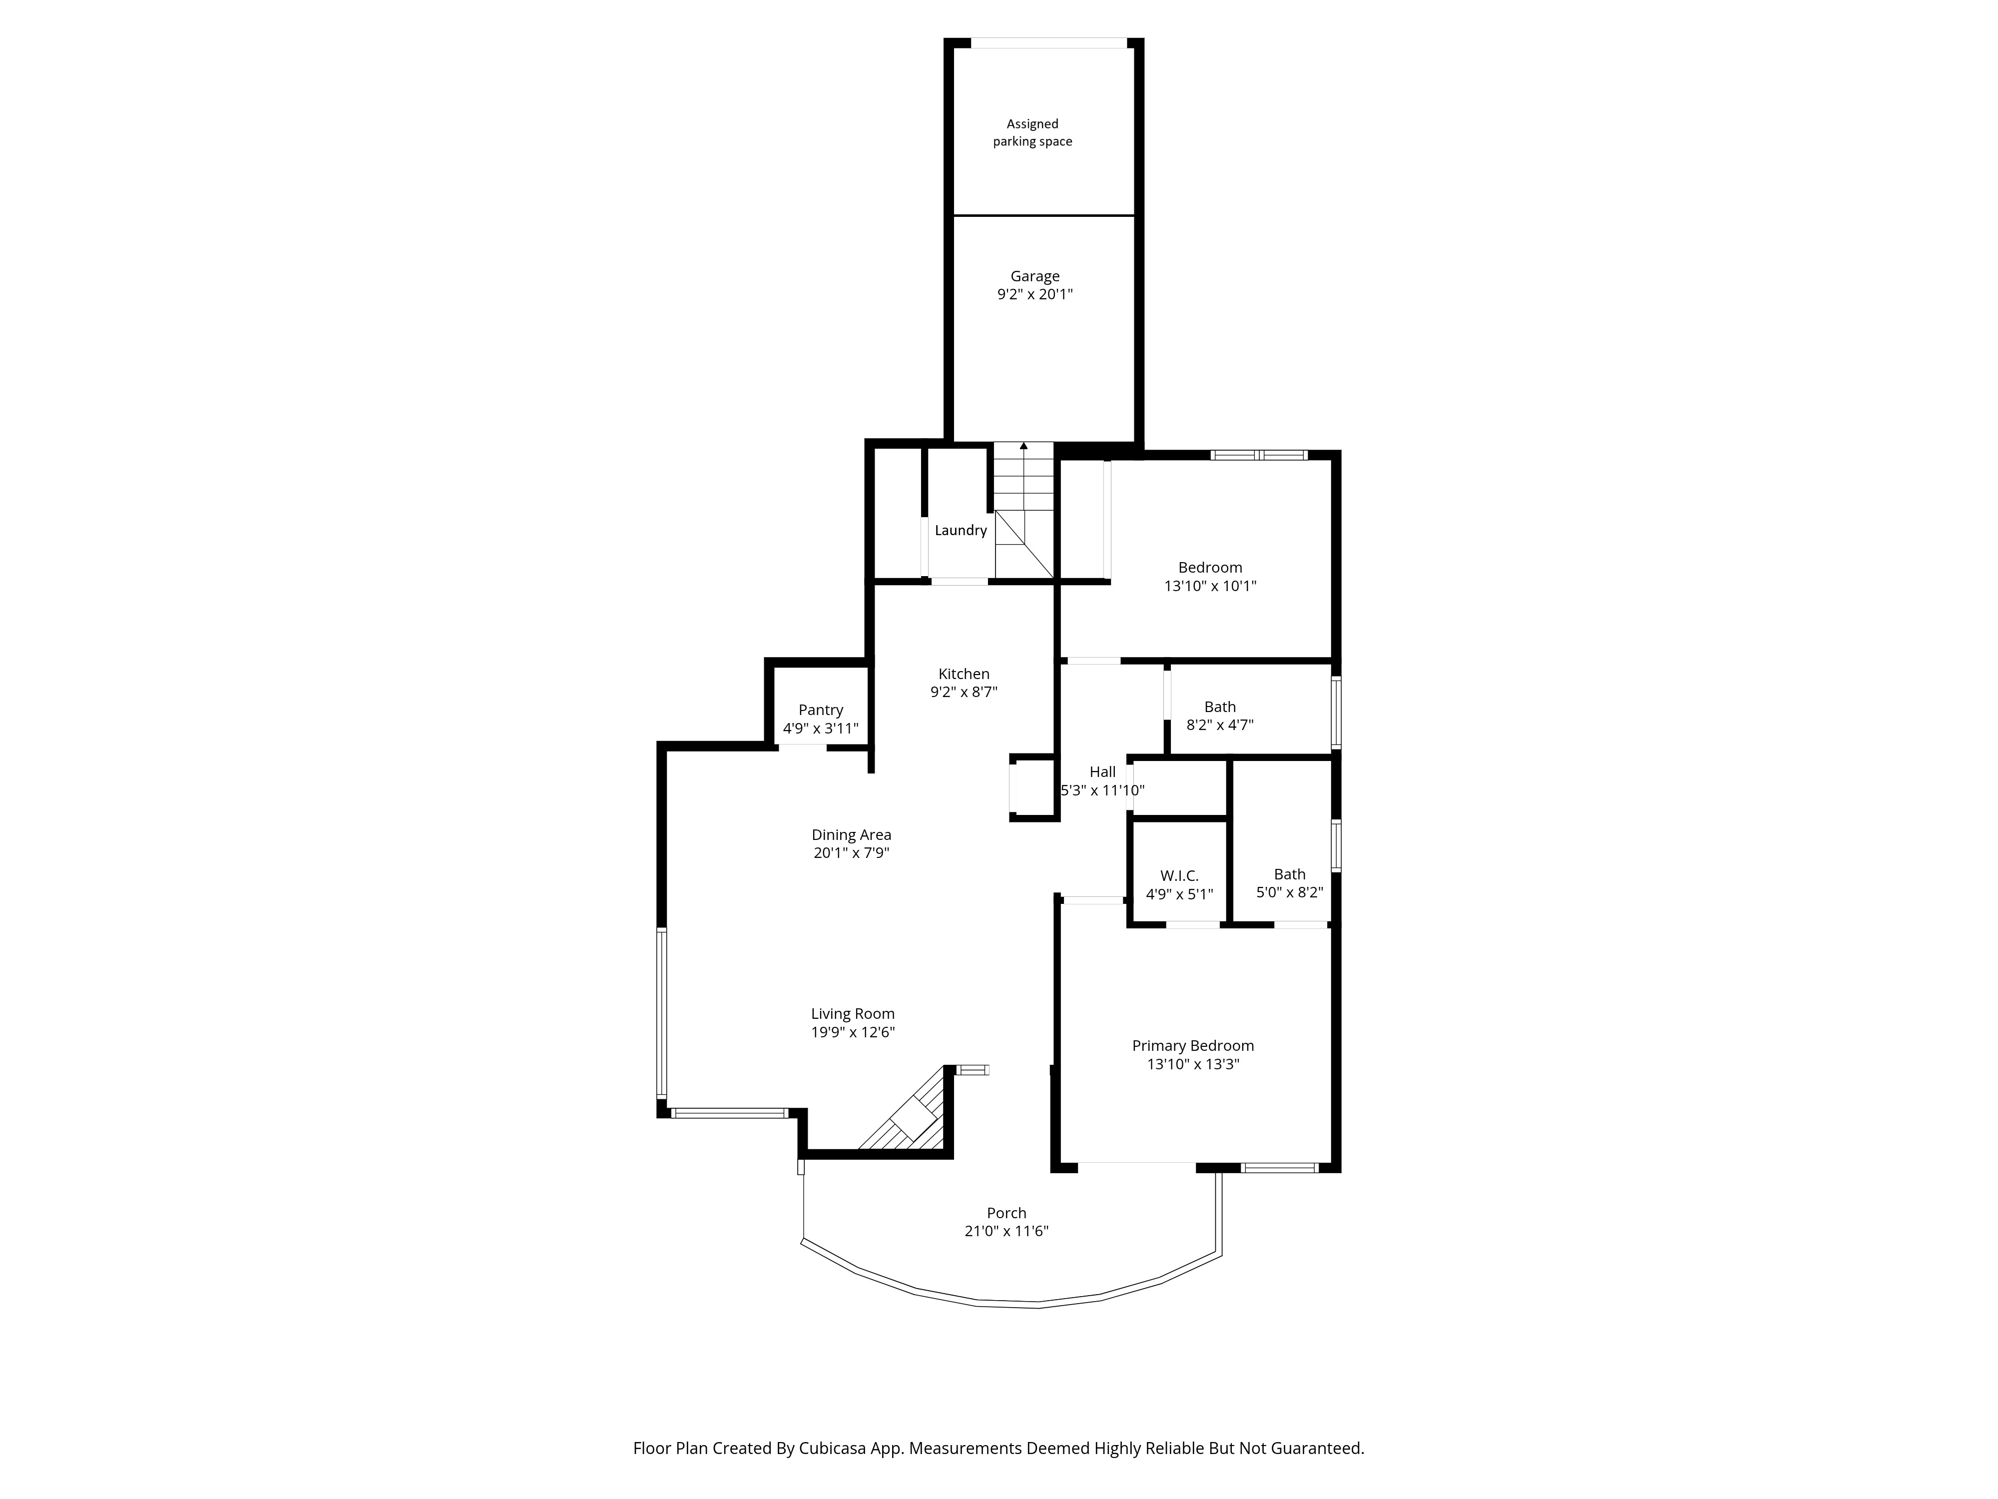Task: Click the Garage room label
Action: pos(1034,276)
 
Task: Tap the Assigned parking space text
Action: pos(1032,133)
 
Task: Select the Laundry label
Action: pos(960,530)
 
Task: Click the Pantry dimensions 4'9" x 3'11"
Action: pos(820,729)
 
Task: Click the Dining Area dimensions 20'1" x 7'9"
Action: pos(851,852)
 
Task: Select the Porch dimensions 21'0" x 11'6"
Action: pos(1005,1231)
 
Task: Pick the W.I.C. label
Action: pos(1179,875)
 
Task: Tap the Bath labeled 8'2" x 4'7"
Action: pos(1219,707)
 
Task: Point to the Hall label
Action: pos(1102,771)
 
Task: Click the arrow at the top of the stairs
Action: pos(1023,446)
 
